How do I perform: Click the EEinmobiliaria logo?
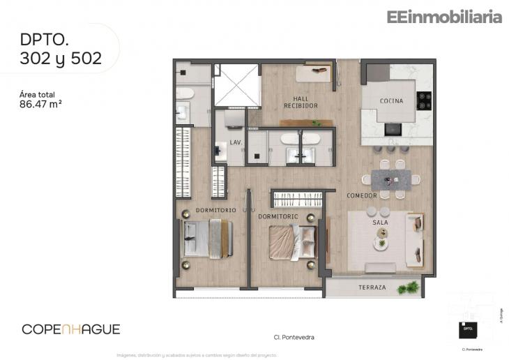pyautogui.click(x=444, y=17)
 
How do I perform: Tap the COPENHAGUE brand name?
pyautogui.click(x=71, y=329)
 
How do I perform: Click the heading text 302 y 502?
pyautogui.click(x=61, y=59)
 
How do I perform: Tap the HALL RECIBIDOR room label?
pyautogui.click(x=301, y=103)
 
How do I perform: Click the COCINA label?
pyautogui.click(x=391, y=101)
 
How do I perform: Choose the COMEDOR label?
pyautogui.click(x=362, y=195)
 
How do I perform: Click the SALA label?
pyautogui.click(x=380, y=222)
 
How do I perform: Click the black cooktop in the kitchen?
pyautogui.click(x=424, y=100)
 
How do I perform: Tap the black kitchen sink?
pyautogui.click(x=393, y=129)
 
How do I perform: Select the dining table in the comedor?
pyautogui.click(x=390, y=179)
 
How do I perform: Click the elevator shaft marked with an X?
pyautogui.click(x=236, y=86)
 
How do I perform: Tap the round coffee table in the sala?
pyautogui.click(x=381, y=244)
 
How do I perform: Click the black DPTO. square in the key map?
pyautogui.click(x=468, y=329)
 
